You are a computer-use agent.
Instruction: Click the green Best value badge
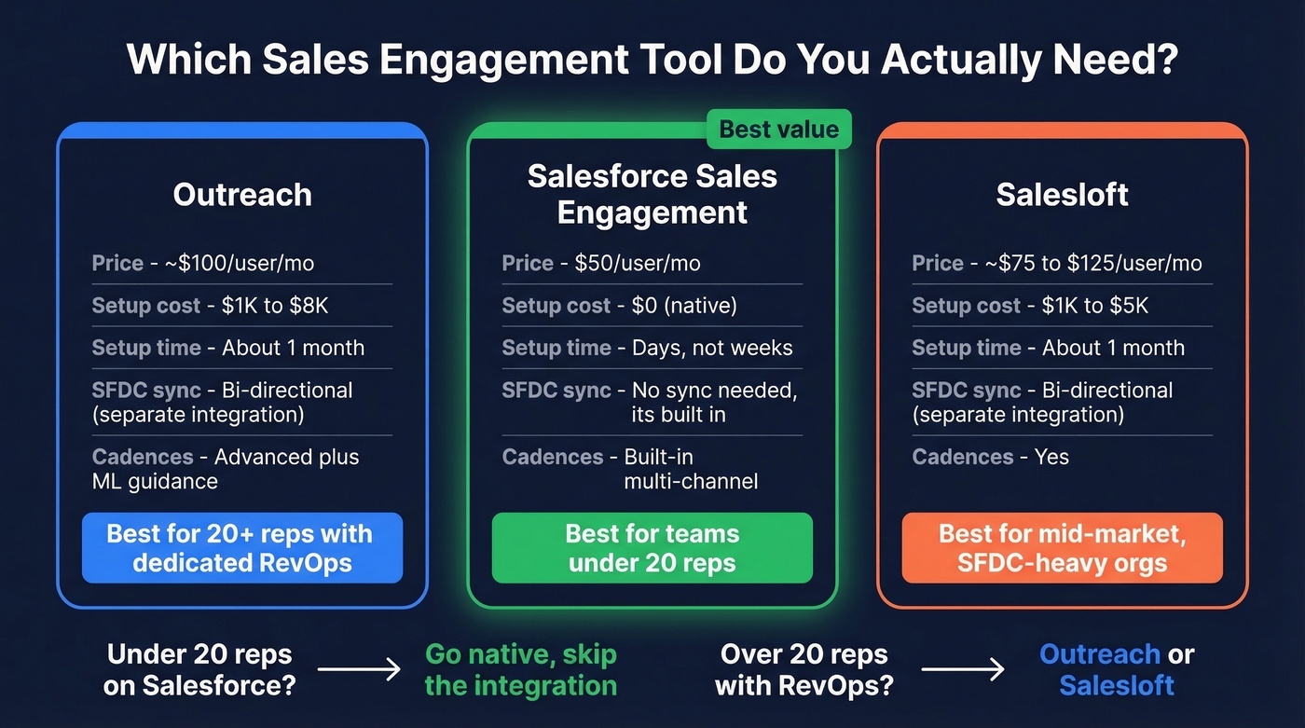779,130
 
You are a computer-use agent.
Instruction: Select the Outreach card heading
242,195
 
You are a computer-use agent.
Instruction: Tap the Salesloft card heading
1062,195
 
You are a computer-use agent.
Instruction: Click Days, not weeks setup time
712,348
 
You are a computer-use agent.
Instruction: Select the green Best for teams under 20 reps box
652,548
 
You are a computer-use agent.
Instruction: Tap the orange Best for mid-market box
1062,548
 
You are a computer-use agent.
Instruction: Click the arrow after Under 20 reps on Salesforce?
359,669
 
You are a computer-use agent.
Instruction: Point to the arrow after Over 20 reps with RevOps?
963,669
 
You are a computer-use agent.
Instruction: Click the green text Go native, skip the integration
520,669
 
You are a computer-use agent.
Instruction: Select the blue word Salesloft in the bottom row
1117,686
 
